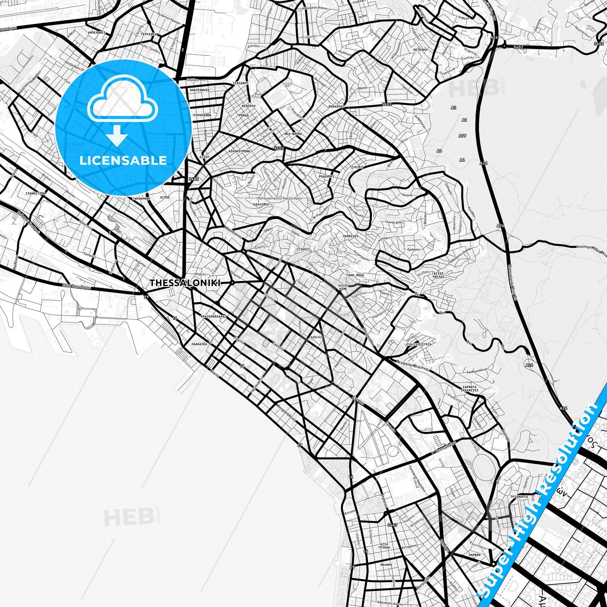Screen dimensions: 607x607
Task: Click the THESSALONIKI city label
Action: (x=185, y=283)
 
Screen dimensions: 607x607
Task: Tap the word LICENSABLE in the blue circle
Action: (x=123, y=160)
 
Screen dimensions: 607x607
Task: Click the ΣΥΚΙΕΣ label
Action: (x=357, y=167)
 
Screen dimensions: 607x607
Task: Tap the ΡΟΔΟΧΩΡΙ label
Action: (x=326, y=177)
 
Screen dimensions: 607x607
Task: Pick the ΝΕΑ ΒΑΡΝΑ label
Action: (x=293, y=134)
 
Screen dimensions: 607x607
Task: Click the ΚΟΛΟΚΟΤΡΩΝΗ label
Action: (x=239, y=151)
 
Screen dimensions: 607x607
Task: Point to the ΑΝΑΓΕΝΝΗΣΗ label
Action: (x=200, y=90)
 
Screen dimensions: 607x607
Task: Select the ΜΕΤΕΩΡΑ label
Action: (x=420, y=50)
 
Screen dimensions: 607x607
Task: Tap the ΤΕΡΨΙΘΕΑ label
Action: (x=148, y=34)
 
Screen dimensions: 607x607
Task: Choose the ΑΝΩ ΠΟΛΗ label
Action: (x=356, y=275)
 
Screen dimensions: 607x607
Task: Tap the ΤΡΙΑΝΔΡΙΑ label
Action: (x=519, y=497)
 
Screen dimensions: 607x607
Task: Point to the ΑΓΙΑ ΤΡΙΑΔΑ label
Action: (x=384, y=546)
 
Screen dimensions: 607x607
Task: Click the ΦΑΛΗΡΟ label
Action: (x=385, y=565)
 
